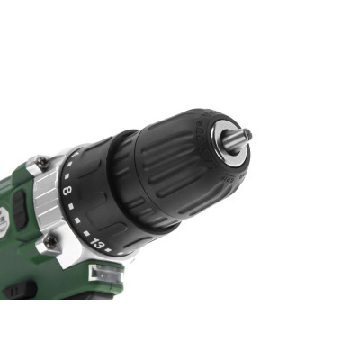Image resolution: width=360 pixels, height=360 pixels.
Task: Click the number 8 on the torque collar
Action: pyautogui.click(x=67, y=191)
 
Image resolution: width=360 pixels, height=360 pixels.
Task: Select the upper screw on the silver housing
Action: pyautogui.click(x=41, y=163)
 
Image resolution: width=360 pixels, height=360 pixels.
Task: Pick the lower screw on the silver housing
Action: pyautogui.click(x=52, y=241)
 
